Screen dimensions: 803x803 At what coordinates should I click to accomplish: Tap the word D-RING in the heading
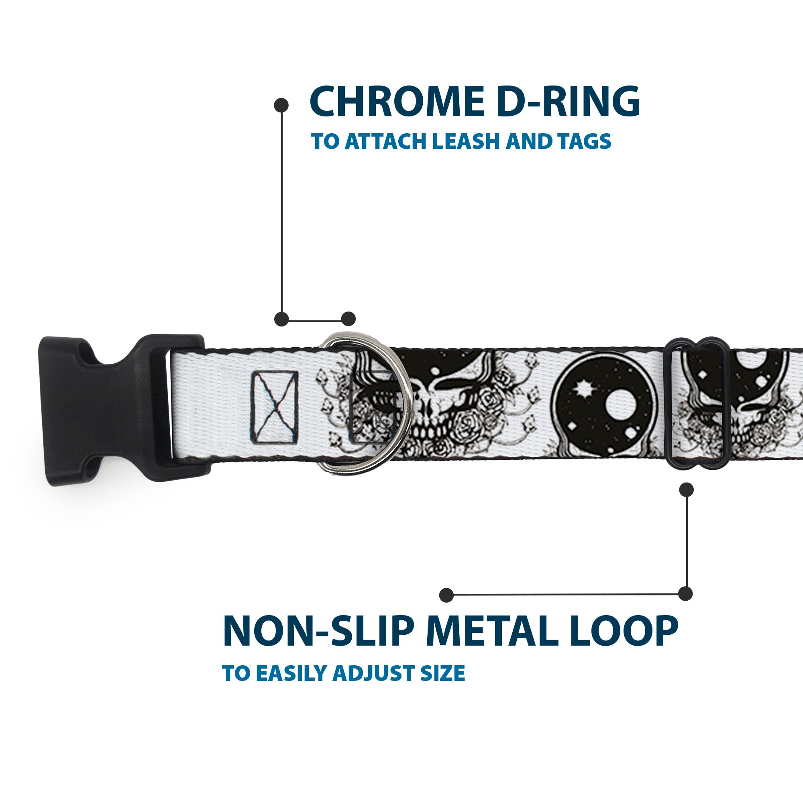(568, 102)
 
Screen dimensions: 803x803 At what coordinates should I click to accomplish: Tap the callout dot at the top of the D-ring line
(281, 105)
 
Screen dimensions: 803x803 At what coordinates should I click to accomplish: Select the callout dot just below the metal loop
(686, 489)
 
